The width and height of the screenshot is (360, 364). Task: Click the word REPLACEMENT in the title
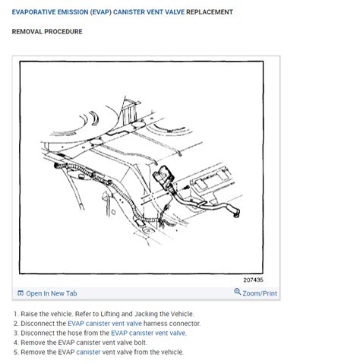210,12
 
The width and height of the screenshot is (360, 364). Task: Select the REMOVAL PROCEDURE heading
47,32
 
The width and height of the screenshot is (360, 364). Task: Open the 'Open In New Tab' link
52,293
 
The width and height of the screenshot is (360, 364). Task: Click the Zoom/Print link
260,293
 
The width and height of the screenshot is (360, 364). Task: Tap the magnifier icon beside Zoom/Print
237,292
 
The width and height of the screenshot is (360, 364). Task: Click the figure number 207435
253,280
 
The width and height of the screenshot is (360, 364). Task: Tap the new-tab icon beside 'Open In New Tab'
21,293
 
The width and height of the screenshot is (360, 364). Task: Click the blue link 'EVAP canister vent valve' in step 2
105,324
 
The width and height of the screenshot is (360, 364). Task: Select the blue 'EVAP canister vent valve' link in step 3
149,333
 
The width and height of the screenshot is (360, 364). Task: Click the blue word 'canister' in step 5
88,352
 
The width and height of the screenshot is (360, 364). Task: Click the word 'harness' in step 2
155,324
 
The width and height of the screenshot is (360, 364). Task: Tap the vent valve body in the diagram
163,176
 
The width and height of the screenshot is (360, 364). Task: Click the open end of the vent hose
236,214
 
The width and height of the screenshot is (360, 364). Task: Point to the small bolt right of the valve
186,188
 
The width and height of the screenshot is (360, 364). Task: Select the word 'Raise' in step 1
29,314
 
